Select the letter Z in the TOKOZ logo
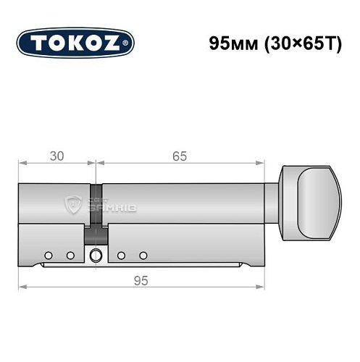coord(117,42)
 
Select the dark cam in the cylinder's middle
coord(95,232)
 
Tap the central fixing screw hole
coord(95,255)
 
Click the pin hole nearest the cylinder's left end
coord(48,255)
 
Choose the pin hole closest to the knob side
coord(143,255)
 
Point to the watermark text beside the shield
coord(108,206)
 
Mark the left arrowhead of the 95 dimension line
coord(22,288)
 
